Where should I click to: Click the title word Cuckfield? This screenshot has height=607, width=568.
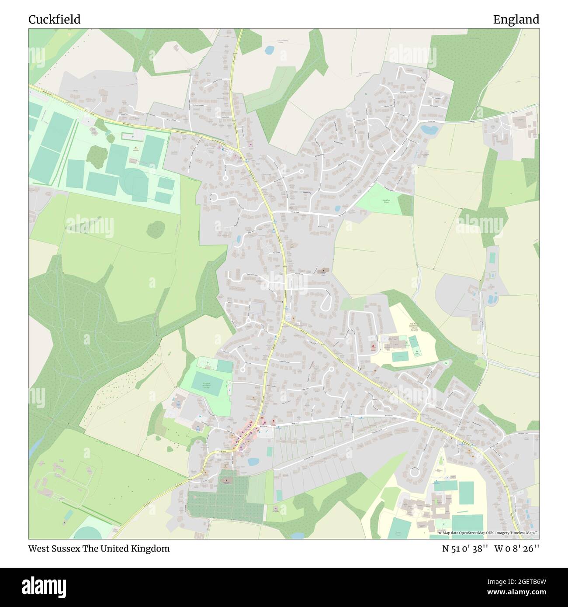coord(55,20)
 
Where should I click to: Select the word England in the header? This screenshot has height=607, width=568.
coord(516,20)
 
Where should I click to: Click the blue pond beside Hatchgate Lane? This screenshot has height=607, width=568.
coord(429,129)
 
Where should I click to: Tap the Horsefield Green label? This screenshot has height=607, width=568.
coord(386,201)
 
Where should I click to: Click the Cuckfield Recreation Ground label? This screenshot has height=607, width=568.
coord(207,386)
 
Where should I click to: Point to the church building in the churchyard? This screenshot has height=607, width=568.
coord(226,481)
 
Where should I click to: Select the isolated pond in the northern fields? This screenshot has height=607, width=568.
coord(269,51)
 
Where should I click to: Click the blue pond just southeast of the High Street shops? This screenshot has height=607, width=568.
coord(253,461)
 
